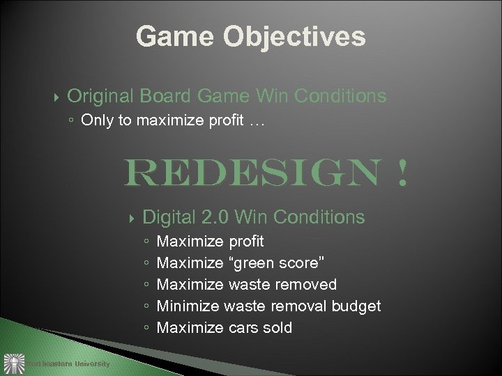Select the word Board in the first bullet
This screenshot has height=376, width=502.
(x=165, y=95)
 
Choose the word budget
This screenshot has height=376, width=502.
(x=356, y=306)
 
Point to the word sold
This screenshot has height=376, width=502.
(x=278, y=327)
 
